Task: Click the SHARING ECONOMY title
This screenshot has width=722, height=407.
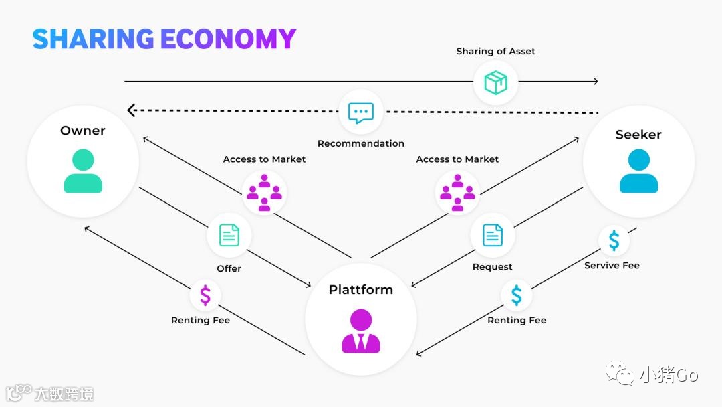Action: pos(164,39)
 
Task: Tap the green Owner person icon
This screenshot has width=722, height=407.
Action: pos(83,171)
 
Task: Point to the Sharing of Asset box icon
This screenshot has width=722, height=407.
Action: pos(495,82)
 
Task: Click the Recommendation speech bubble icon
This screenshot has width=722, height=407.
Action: pos(361,112)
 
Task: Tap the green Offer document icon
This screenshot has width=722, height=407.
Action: pos(229,235)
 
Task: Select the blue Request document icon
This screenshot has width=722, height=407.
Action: pos(493,235)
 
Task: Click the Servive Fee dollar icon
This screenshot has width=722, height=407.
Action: pos(614,240)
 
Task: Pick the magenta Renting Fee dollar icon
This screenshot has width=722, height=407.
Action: pos(205,295)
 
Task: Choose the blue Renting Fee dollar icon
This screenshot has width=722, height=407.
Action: pos(517,295)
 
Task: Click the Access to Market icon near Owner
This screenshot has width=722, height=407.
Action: pos(264,192)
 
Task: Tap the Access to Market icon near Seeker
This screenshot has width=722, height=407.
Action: pos(457,192)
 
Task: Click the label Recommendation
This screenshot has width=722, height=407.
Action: pos(360,143)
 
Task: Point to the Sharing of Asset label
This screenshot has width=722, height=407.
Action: pos(495,51)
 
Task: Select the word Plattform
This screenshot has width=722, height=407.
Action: pos(360,290)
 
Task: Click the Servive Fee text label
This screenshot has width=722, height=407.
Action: pos(612,266)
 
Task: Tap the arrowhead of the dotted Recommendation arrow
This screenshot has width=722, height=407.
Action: pos(132,110)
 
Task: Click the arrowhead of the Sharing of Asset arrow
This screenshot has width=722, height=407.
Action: pos(594,82)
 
